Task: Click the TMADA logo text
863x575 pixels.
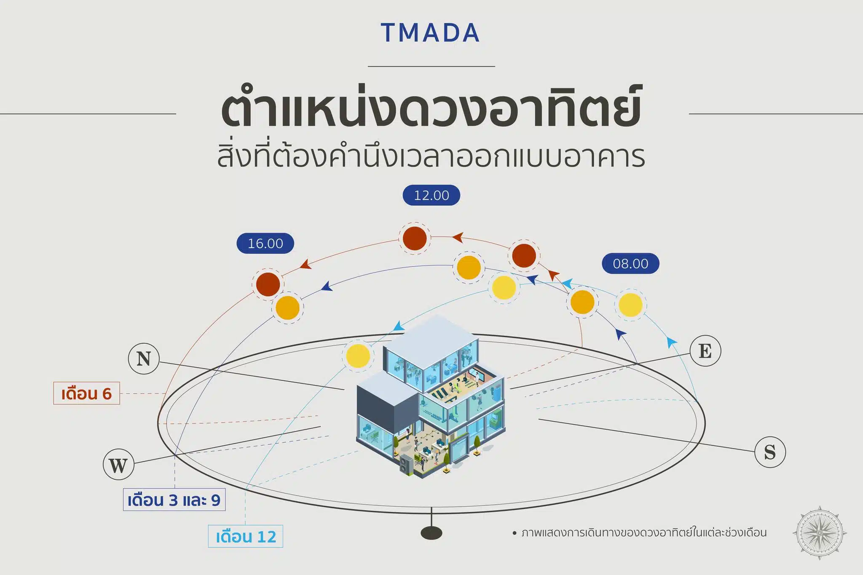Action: click(x=431, y=33)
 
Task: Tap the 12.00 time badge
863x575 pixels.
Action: click(x=431, y=195)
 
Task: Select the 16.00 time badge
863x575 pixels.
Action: click(x=265, y=243)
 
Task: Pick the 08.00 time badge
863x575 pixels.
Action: click(x=630, y=263)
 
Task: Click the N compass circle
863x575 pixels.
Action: click(x=144, y=359)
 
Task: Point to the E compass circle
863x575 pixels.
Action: click(x=705, y=351)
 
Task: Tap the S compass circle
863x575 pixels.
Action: click(x=770, y=452)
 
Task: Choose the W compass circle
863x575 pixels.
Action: click(x=118, y=465)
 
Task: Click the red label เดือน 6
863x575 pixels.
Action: click(x=86, y=393)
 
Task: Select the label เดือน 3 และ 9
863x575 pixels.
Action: click(x=174, y=500)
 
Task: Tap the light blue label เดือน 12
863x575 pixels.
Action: click(x=246, y=536)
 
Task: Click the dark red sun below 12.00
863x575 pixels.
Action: click(x=415, y=238)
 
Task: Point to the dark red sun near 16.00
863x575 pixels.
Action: click(x=268, y=284)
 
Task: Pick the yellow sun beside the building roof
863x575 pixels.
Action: click(x=358, y=356)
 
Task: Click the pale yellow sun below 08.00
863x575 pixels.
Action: click(x=630, y=305)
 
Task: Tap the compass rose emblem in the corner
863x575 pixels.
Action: click(x=820, y=533)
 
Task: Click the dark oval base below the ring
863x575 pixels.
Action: click(x=431, y=533)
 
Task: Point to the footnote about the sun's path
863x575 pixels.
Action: click(x=639, y=533)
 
